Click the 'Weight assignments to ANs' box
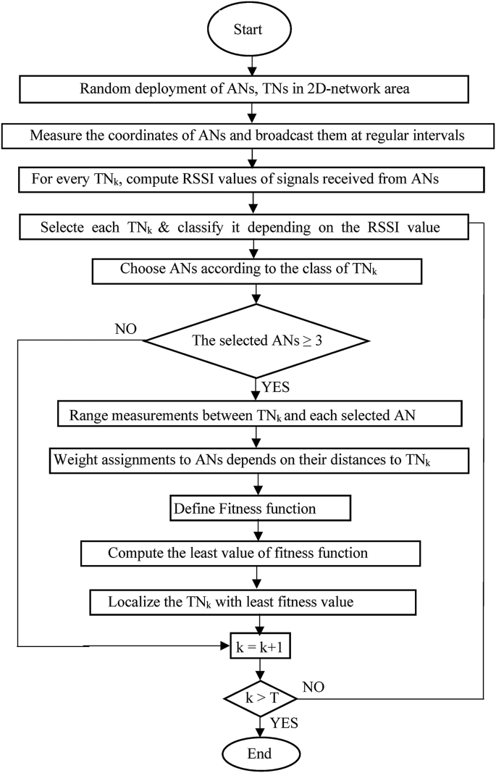[258, 461]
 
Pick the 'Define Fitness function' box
[258, 508]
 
